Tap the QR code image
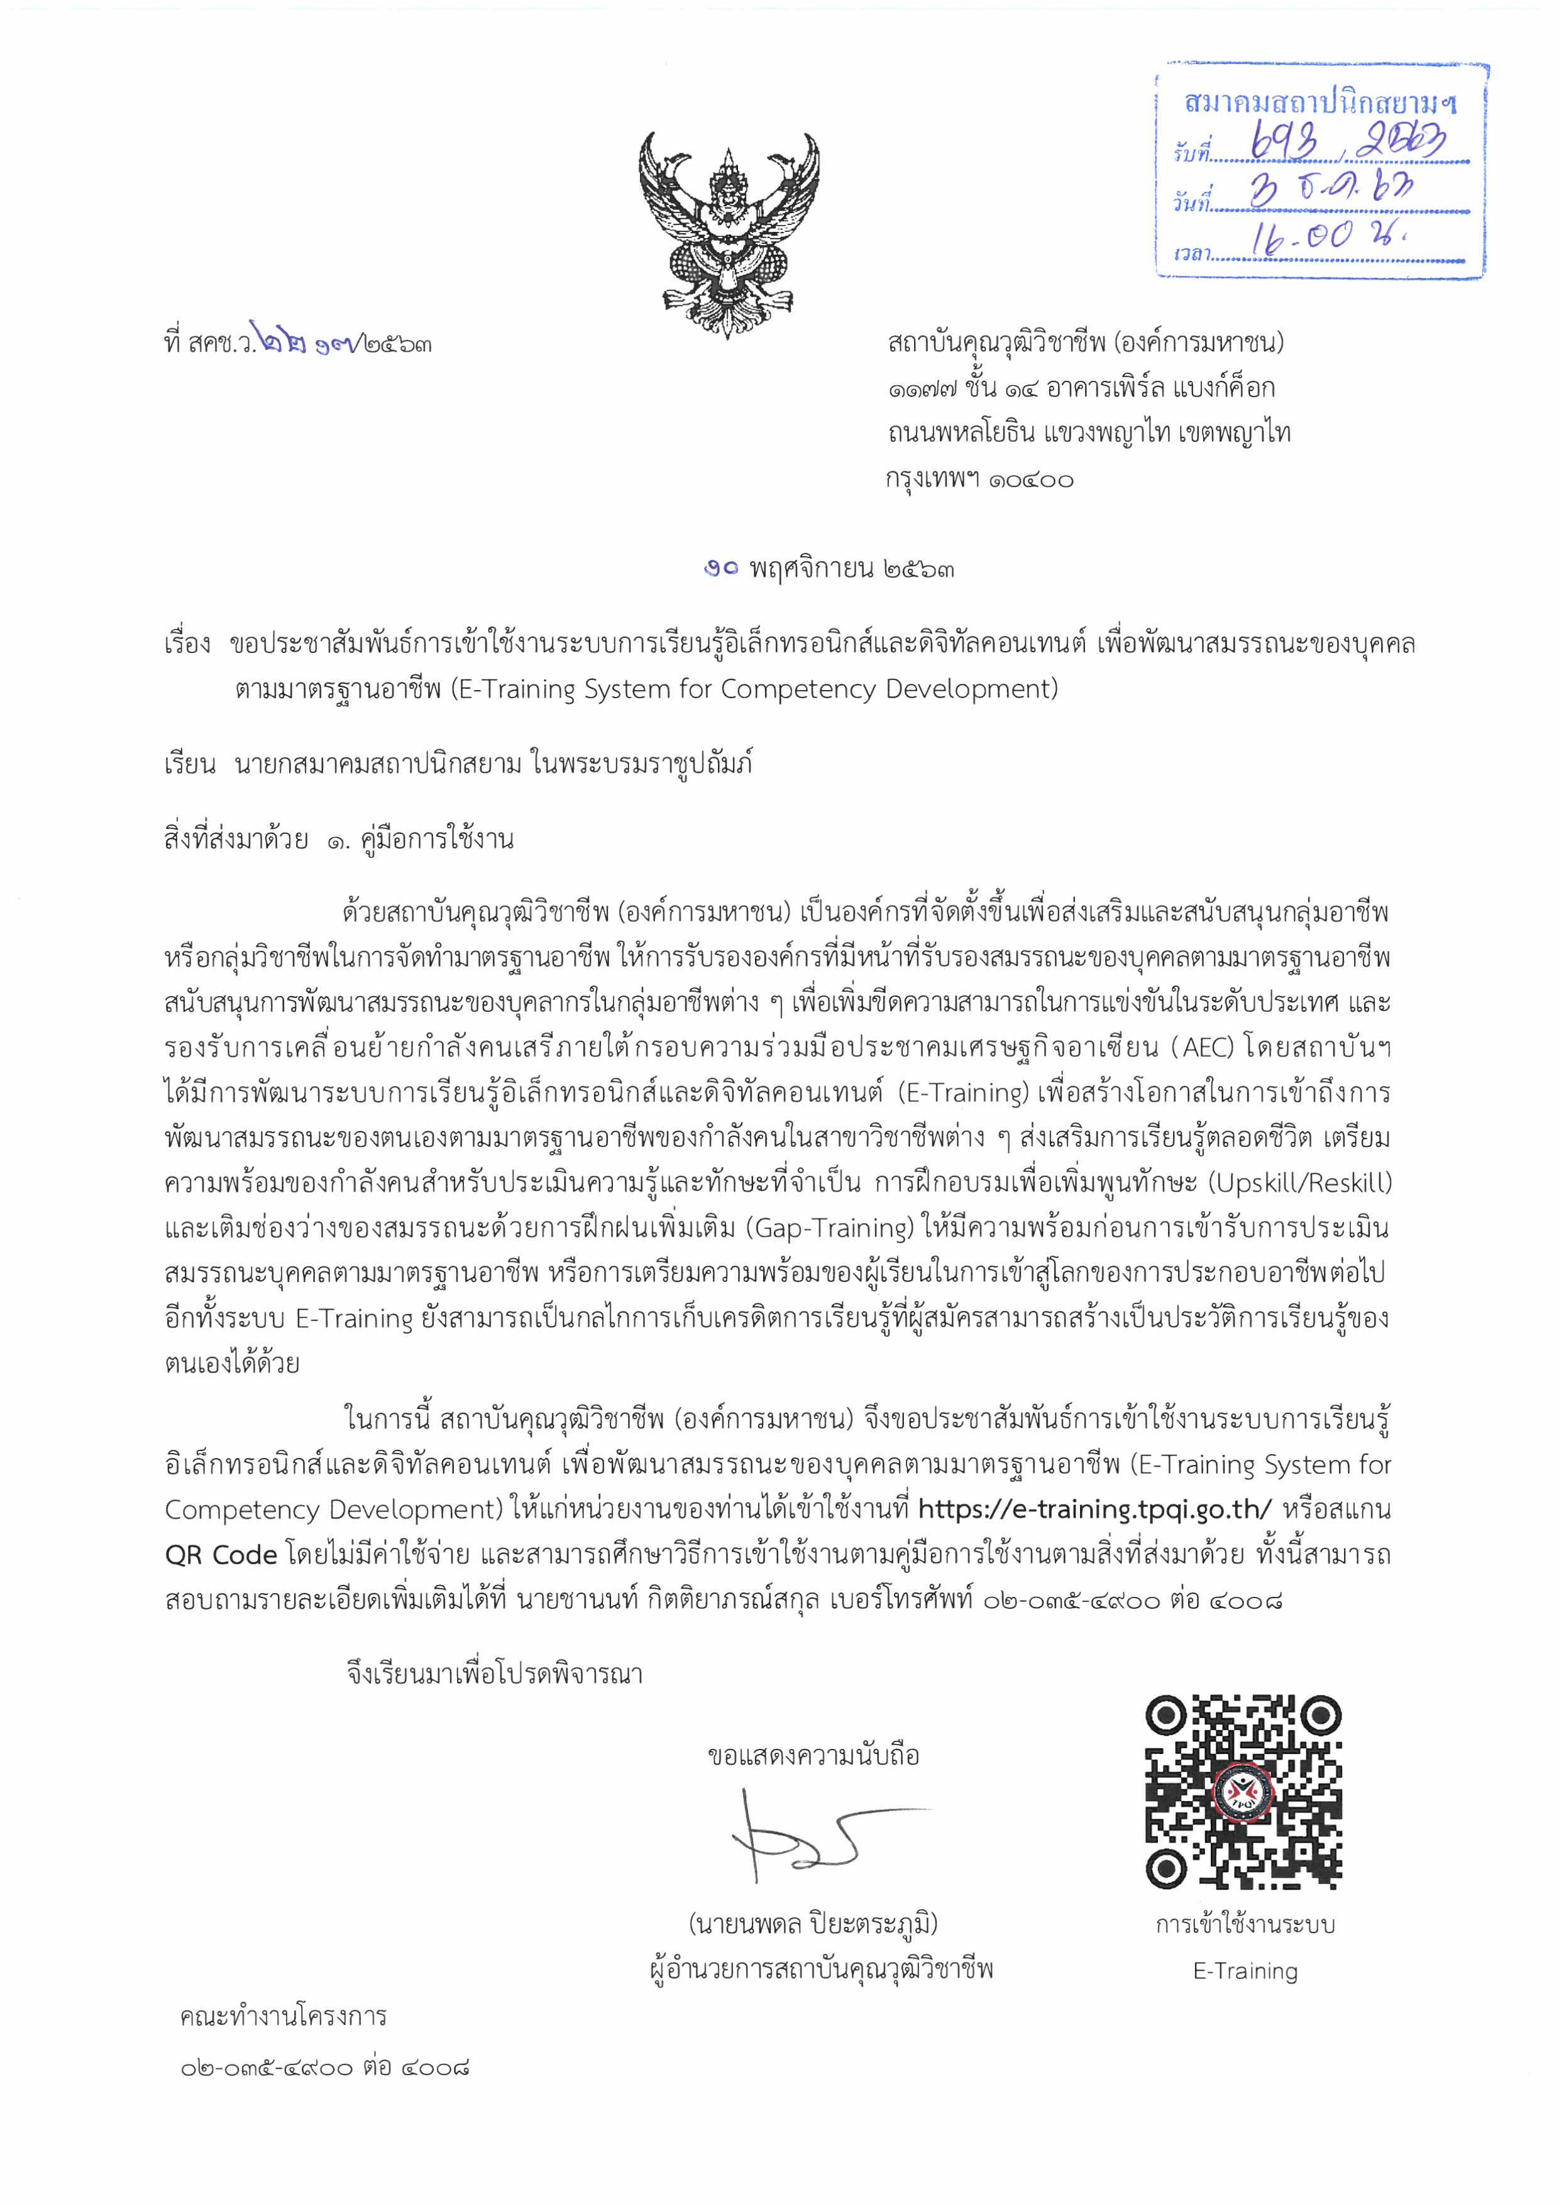[1243, 1792]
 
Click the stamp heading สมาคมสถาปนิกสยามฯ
[1319, 102]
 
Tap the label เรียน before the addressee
[189, 765]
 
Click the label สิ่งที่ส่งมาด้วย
[236, 840]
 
